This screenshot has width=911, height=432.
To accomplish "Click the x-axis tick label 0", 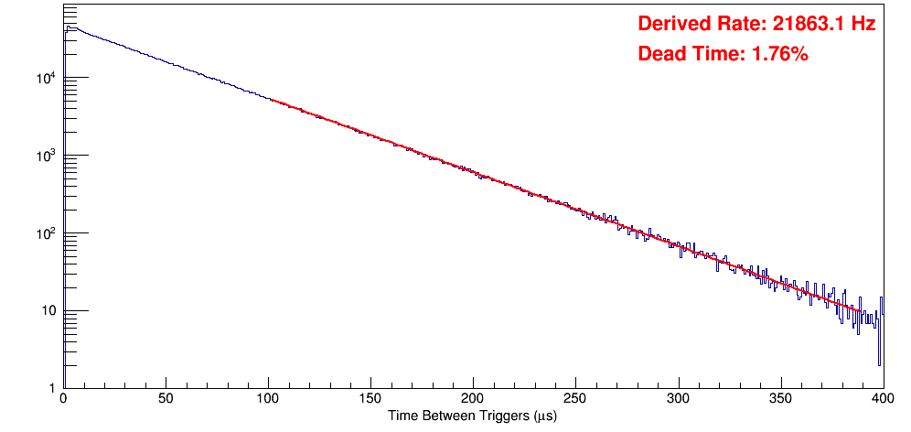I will pyautogui.click(x=62, y=400).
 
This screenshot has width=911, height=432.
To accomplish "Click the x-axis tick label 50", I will pyautogui.click(x=166, y=400).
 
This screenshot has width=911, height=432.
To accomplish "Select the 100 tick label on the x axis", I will pyautogui.click(x=268, y=400).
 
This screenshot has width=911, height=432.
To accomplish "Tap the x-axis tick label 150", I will pyautogui.click(x=370, y=400).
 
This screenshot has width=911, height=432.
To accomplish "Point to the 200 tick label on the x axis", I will pyautogui.click(x=473, y=400).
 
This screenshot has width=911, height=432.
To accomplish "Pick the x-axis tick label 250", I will pyautogui.click(x=575, y=400).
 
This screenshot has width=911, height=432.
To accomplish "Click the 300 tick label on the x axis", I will pyautogui.click(x=678, y=400).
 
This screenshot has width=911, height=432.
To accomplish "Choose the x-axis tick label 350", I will pyautogui.click(x=780, y=400).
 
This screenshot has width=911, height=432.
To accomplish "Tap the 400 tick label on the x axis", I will pyautogui.click(x=882, y=400).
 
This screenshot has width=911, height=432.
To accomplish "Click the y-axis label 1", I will pyautogui.click(x=51, y=388).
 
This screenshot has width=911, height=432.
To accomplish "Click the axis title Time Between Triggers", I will pyautogui.click(x=472, y=416).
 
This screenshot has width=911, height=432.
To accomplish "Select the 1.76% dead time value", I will pyautogui.click(x=778, y=55).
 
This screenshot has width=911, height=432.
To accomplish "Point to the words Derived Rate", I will pyautogui.click(x=696, y=25).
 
